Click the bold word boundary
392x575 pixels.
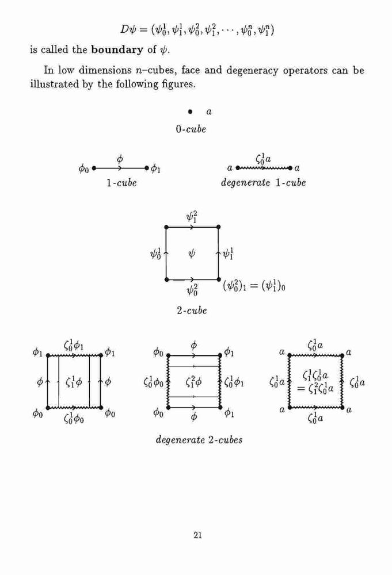coord(117,49)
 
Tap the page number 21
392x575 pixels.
coord(197,535)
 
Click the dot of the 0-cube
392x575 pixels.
coord(190,112)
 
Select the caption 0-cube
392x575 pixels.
coord(191,129)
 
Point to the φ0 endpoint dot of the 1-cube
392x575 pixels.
coord(94,168)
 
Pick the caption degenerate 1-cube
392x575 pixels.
coord(263,183)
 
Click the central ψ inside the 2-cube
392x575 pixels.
coord(192,253)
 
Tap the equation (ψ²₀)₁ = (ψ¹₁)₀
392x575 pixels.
coord(254,285)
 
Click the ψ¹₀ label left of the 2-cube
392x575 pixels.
coord(155,254)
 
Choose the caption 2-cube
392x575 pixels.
coord(192,310)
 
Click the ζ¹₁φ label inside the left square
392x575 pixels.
coord(74,382)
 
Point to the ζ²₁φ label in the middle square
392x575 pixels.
coord(193,382)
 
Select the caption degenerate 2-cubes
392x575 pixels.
coord(199,440)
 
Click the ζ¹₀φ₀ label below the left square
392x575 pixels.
coord(74,417)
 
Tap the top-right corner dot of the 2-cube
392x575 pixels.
coord(218,227)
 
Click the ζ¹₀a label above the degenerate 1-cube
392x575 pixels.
coord(263,159)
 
